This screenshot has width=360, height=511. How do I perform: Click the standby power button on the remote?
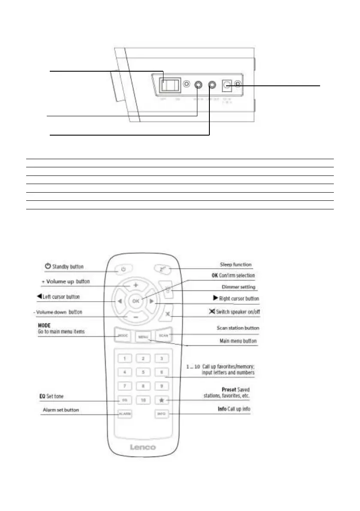[x=123, y=269]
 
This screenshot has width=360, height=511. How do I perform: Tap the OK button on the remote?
[x=136, y=301]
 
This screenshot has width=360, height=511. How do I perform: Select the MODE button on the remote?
[x=123, y=336]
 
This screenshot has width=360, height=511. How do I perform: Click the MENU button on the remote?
[x=143, y=337]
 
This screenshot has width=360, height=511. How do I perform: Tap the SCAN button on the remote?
[x=163, y=336]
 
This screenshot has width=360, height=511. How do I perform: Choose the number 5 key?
[x=143, y=372]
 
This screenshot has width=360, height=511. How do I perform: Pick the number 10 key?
[x=143, y=400]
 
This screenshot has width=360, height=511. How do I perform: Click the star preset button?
[x=162, y=400]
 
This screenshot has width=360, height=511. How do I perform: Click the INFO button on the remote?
[x=162, y=414]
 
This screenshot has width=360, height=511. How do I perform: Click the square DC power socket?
[x=226, y=85]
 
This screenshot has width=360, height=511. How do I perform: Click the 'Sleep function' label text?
[x=236, y=265]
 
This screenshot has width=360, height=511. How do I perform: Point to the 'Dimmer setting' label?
[x=238, y=287]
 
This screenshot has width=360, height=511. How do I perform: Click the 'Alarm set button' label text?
[x=61, y=410]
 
